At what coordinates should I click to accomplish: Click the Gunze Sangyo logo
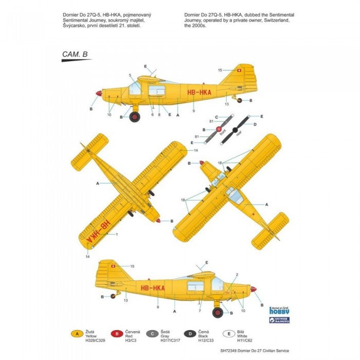coord(279,320)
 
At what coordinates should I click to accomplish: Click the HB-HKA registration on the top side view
coord(198,93)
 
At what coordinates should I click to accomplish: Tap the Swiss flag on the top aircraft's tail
coord(237,70)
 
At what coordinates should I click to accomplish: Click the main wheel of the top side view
coord(135,117)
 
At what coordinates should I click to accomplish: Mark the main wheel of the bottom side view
coord(218,312)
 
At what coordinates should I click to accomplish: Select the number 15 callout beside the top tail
coord(220,70)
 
